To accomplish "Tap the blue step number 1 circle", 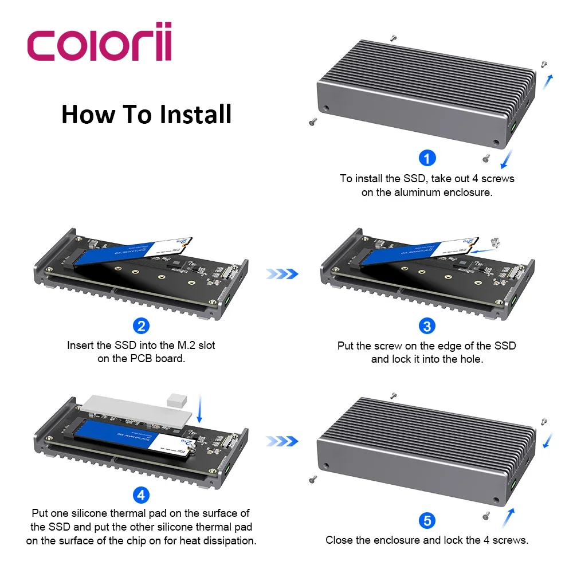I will click(427, 158).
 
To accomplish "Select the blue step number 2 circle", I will click(141, 326).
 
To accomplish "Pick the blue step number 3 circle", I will click(427, 326).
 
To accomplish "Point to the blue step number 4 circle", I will click(141, 494).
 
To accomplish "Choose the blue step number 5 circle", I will click(427, 520).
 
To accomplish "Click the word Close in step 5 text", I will click(339, 540).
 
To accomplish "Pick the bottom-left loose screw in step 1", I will click(313, 121).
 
